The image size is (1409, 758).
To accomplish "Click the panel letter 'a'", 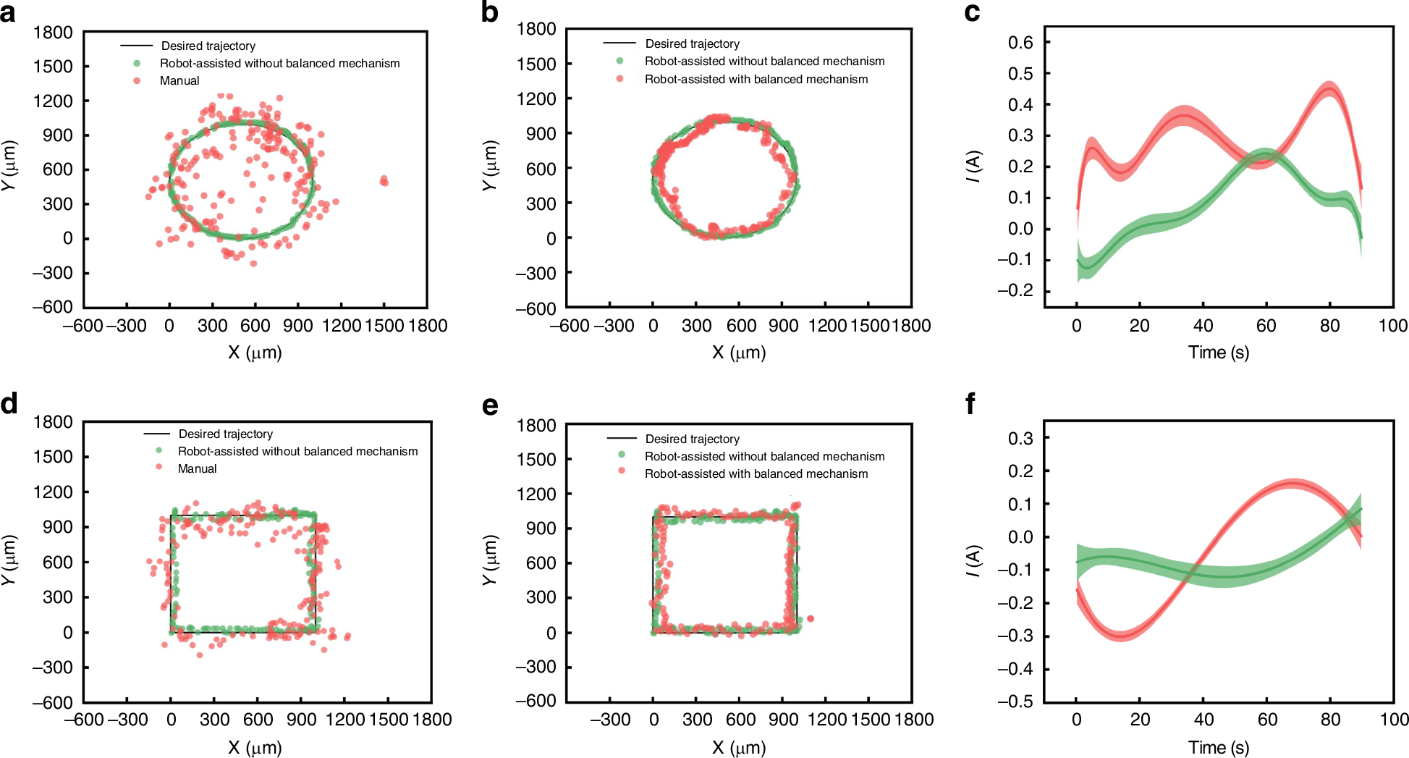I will [x=8, y=12].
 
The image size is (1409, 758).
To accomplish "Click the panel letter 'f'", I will [x=970, y=403].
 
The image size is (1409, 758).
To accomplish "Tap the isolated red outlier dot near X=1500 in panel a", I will [x=384, y=180].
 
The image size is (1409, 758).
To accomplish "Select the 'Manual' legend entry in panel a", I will [x=179, y=80].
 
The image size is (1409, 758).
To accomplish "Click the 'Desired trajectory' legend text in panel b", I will [x=692, y=43].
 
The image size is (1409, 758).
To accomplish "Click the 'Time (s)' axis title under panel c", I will [x=1218, y=353].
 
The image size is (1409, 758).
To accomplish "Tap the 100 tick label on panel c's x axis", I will [x=1392, y=326].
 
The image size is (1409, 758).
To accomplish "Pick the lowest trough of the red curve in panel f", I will [x=1120, y=636].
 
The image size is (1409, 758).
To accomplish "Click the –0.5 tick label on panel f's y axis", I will [x=1015, y=702].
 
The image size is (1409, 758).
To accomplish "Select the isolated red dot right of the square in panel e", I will [x=811, y=618].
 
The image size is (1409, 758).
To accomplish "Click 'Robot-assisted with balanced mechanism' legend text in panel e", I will [x=756, y=473].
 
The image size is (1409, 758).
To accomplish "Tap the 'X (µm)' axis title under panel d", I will [x=255, y=747].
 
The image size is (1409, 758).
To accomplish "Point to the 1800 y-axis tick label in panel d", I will [x=53, y=422].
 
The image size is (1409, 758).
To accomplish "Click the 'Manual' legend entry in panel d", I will [x=197, y=468].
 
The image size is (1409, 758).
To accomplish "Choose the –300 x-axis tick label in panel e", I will [x=610, y=720].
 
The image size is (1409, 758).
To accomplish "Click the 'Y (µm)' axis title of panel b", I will [x=490, y=166].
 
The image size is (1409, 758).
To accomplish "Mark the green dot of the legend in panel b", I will [x=619, y=61].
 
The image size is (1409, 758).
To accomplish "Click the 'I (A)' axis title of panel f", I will [x=973, y=561].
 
